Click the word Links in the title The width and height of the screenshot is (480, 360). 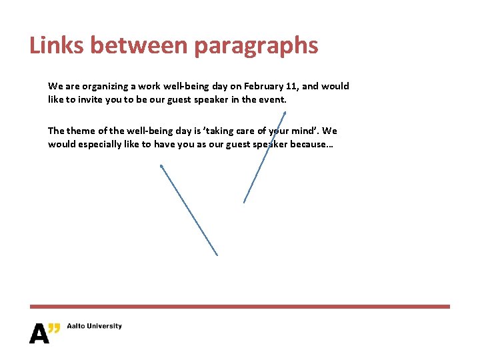(x=57, y=45)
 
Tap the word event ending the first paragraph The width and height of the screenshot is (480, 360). (x=273, y=99)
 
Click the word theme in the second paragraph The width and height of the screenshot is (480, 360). (x=81, y=131)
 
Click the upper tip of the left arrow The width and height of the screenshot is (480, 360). (x=161, y=166)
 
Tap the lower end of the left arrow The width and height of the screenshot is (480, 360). (x=217, y=255)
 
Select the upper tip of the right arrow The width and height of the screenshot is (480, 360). (x=285, y=113)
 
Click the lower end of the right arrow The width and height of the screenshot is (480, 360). (x=244, y=203)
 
